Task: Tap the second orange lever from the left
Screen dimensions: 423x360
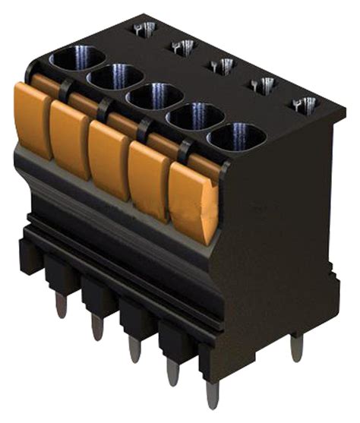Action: (70, 139)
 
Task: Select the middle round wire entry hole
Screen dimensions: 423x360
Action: (154, 97)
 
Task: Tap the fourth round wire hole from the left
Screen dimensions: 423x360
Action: (195, 117)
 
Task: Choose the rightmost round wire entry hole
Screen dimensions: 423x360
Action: (236, 137)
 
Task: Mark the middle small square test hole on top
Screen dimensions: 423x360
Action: (221, 66)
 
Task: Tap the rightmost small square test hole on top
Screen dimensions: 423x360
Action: (305, 105)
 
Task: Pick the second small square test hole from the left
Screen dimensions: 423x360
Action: (182, 47)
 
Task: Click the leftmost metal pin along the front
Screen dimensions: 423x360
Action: (61, 305)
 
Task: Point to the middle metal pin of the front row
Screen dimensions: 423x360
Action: (134, 349)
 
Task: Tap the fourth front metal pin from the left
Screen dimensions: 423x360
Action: (173, 371)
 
